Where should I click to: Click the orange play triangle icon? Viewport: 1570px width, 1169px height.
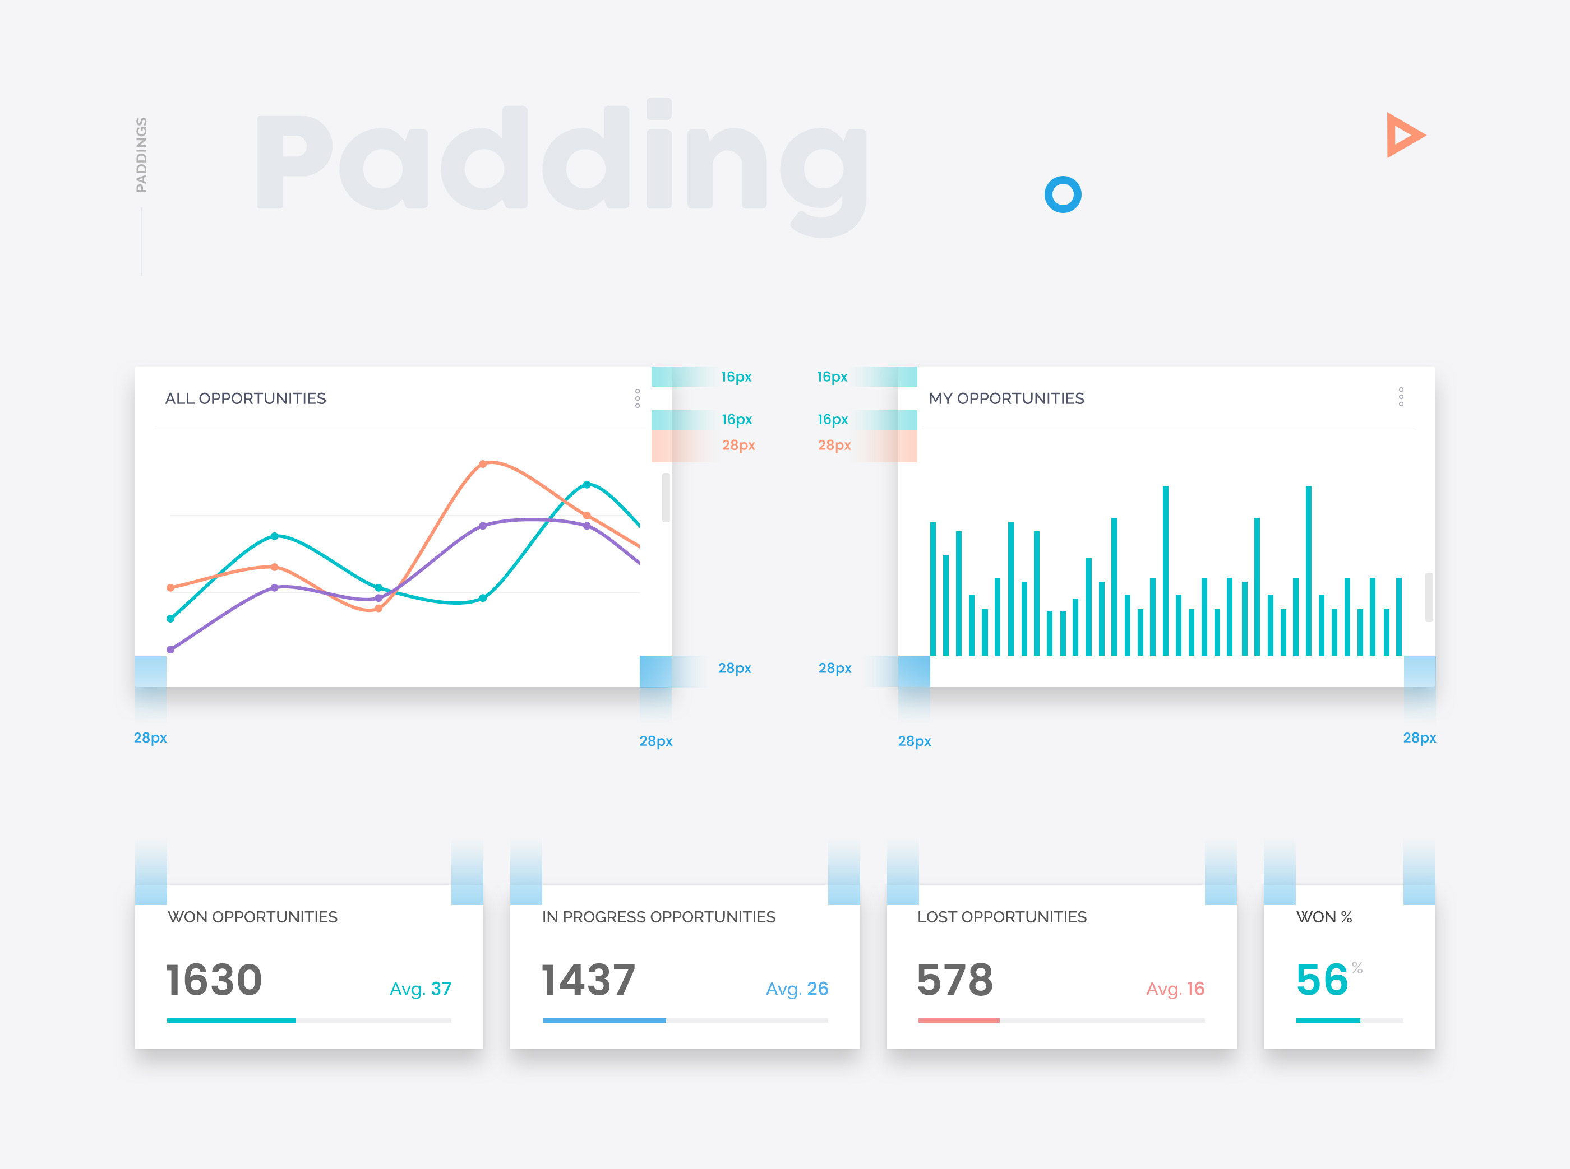[1403, 134]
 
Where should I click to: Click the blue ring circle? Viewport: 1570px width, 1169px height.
[1063, 194]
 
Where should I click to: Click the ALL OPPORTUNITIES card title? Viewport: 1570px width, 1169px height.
[246, 398]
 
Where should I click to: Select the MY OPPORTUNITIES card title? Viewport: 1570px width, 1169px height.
[1006, 398]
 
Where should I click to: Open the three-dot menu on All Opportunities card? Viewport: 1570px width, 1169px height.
[637, 398]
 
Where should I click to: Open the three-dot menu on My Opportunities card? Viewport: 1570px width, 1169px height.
[1401, 397]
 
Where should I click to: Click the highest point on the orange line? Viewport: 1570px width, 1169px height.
[483, 464]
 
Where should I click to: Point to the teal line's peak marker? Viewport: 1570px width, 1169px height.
[587, 485]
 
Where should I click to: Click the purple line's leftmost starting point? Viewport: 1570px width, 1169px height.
[170, 649]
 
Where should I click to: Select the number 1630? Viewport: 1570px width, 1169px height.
[215, 980]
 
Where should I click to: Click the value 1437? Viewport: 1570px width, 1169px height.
[588, 980]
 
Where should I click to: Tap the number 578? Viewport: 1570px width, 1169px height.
[955, 980]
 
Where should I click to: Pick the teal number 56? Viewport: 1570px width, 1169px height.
[1322, 980]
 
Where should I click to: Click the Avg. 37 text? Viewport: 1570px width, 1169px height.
[421, 989]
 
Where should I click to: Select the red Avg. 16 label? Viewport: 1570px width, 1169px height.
[1175, 989]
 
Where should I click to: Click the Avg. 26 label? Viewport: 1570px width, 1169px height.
[797, 989]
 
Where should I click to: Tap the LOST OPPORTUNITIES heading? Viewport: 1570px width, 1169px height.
[1001, 917]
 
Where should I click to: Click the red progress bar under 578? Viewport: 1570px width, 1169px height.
[958, 1020]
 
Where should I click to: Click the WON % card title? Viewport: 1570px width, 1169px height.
[1324, 917]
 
